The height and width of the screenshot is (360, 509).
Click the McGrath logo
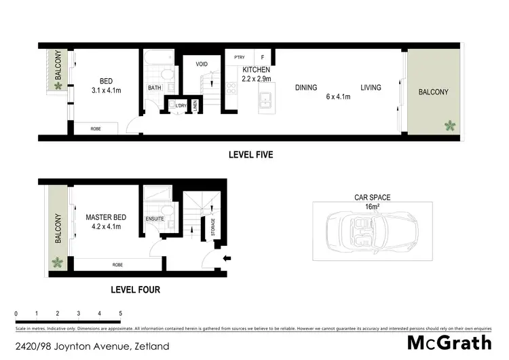click(449, 344)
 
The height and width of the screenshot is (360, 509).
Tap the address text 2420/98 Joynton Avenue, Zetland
click(92, 346)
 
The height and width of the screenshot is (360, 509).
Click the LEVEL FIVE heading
click(251, 155)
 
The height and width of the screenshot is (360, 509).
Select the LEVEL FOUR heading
click(135, 289)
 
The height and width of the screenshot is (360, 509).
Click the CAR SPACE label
click(373, 198)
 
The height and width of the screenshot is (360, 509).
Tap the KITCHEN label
click(257, 70)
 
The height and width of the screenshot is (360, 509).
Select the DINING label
click(307, 88)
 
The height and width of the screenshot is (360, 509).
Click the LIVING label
click(371, 88)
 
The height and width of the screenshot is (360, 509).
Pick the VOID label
click(202, 65)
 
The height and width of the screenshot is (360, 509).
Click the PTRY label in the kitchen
click(239, 58)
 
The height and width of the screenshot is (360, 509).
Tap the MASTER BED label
click(103, 217)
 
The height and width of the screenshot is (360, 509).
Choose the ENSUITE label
click(155, 219)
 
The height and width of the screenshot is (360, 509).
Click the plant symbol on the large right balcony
click(449, 125)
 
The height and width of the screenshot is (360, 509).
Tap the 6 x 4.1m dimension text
click(338, 97)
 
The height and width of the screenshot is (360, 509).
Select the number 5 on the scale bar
click(121, 314)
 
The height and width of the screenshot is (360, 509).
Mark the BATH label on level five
click(154, 88)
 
